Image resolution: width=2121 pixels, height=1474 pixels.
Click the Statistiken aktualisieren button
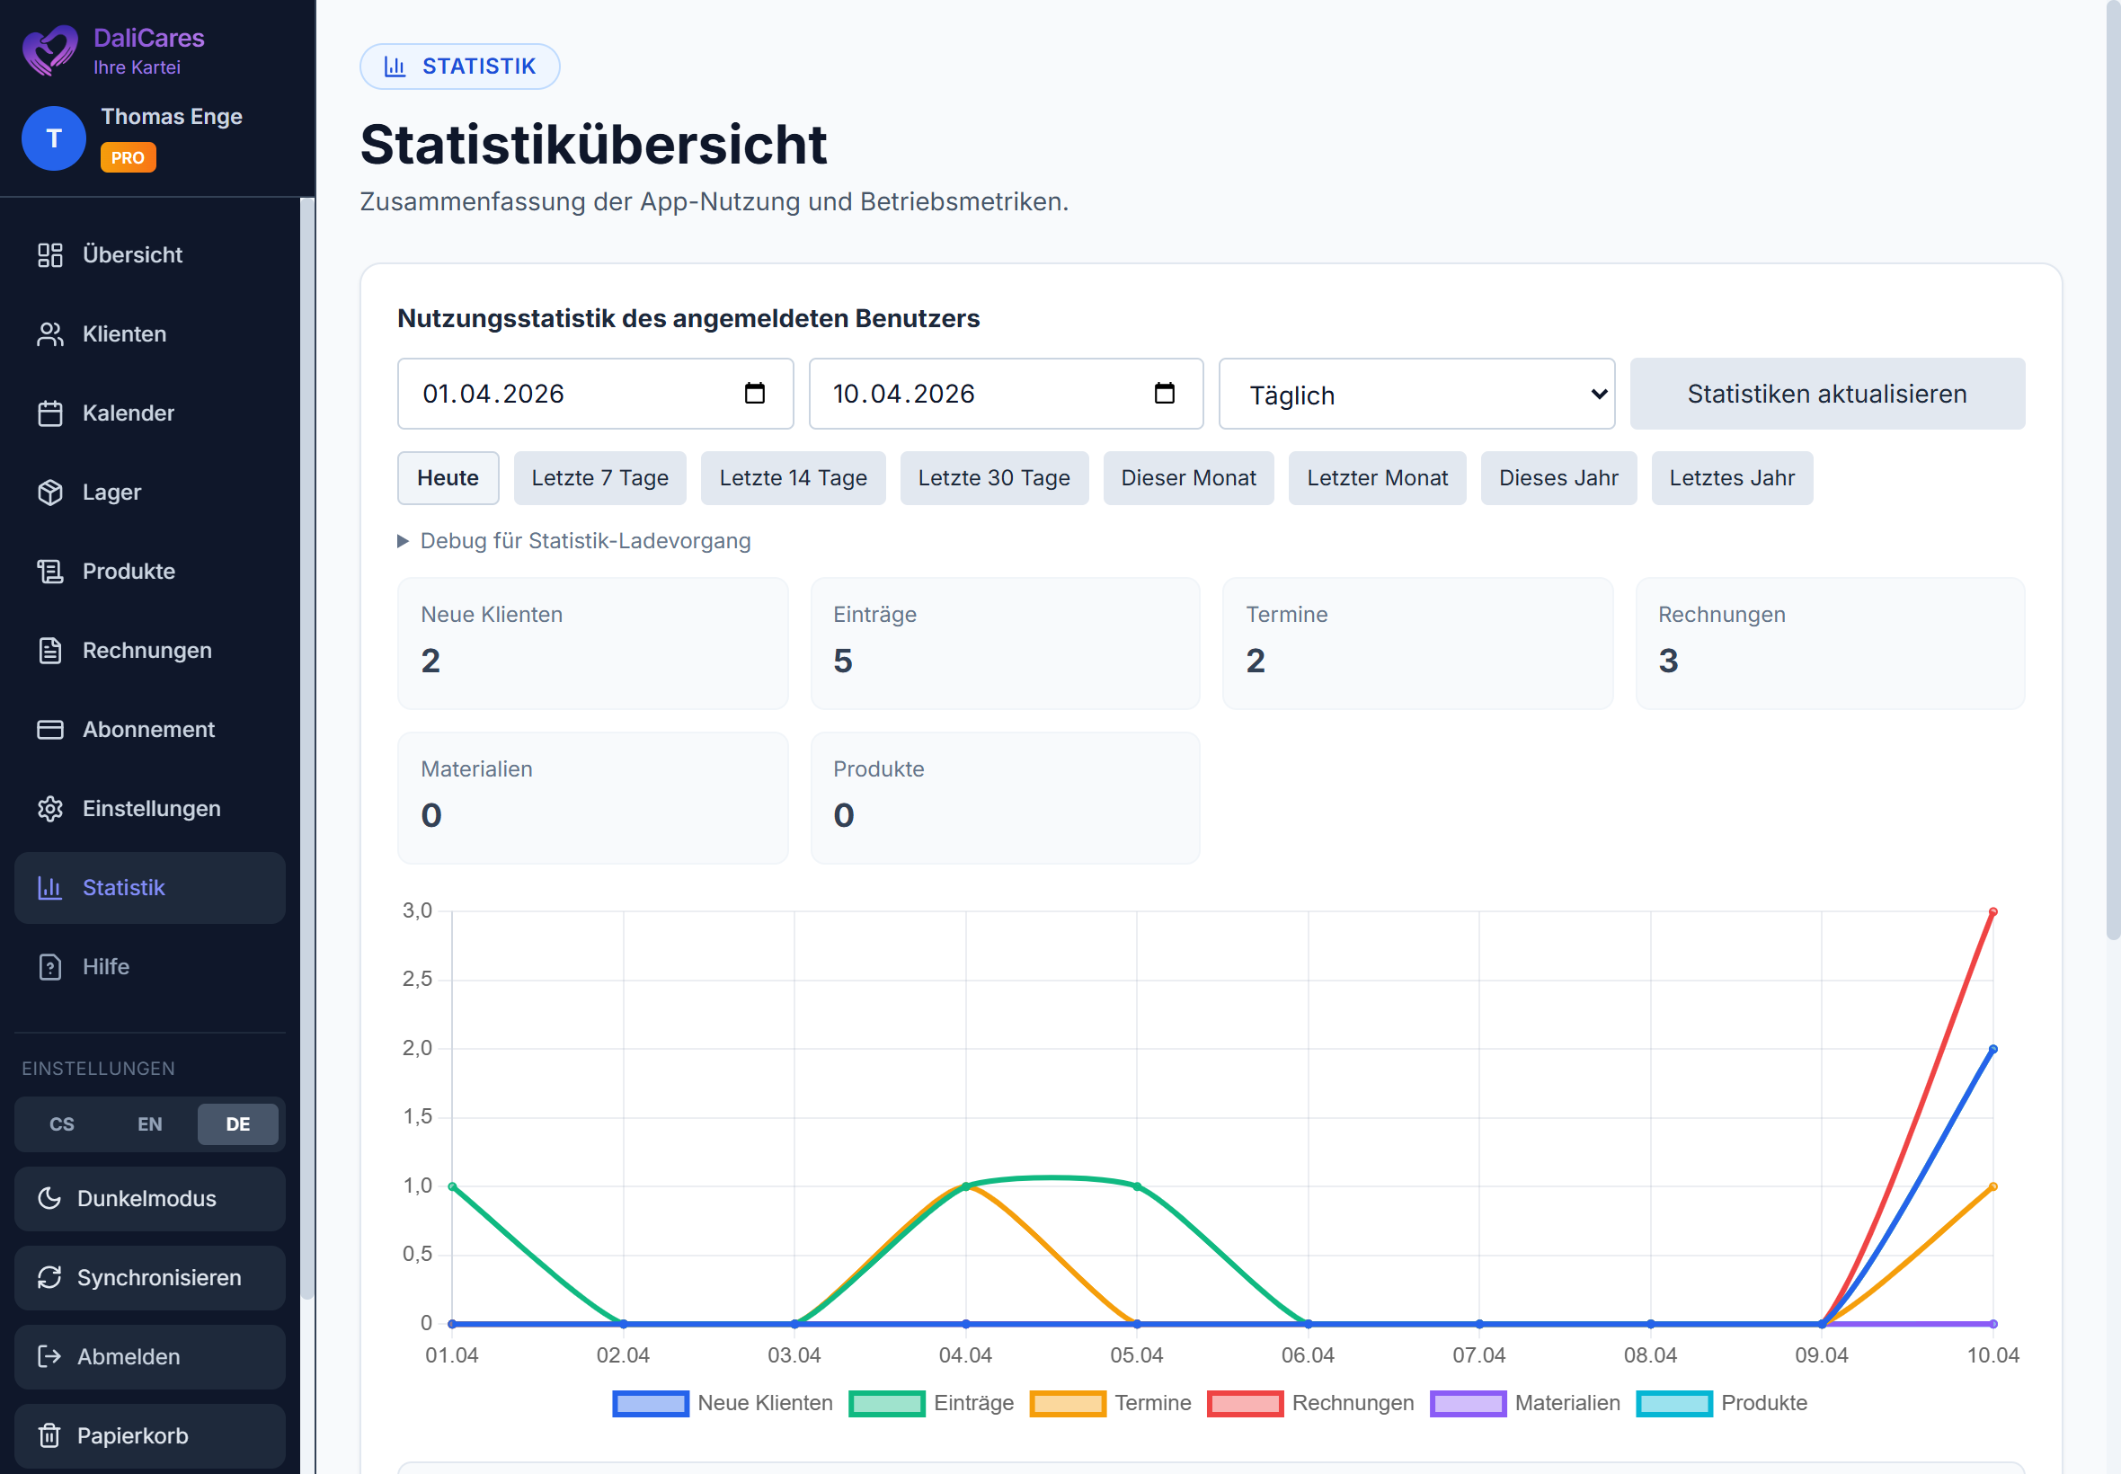click(1825, 394)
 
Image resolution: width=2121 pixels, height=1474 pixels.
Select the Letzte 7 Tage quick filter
click(599, 477)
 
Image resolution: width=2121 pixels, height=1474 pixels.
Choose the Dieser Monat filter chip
click(1187, 477)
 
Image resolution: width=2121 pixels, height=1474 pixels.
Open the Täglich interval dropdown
click(1415, 395)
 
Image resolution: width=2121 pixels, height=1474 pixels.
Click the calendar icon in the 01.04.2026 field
click(754, 394)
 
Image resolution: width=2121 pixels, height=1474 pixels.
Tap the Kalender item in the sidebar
click(128, 413)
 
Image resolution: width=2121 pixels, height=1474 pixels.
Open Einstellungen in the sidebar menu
click(150, 808)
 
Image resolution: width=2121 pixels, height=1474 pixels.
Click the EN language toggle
click(149, 1124)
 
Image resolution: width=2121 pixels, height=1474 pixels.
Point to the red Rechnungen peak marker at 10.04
click(1992, 911)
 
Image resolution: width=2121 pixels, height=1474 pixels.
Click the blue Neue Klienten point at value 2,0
click(1992, 1049)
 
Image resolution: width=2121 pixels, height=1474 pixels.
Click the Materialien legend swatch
click(1468, 1403)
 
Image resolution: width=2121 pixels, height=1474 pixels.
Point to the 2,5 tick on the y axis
click(417, 979)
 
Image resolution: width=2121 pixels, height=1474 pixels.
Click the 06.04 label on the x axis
click(1308, 1354)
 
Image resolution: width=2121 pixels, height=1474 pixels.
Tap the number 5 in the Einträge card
click(842, 661)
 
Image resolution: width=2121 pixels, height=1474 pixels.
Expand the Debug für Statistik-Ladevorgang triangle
click(403, 541)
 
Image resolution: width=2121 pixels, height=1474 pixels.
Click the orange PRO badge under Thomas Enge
click(128, 157)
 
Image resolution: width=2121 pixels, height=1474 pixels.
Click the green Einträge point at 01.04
click(452, 1185)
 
